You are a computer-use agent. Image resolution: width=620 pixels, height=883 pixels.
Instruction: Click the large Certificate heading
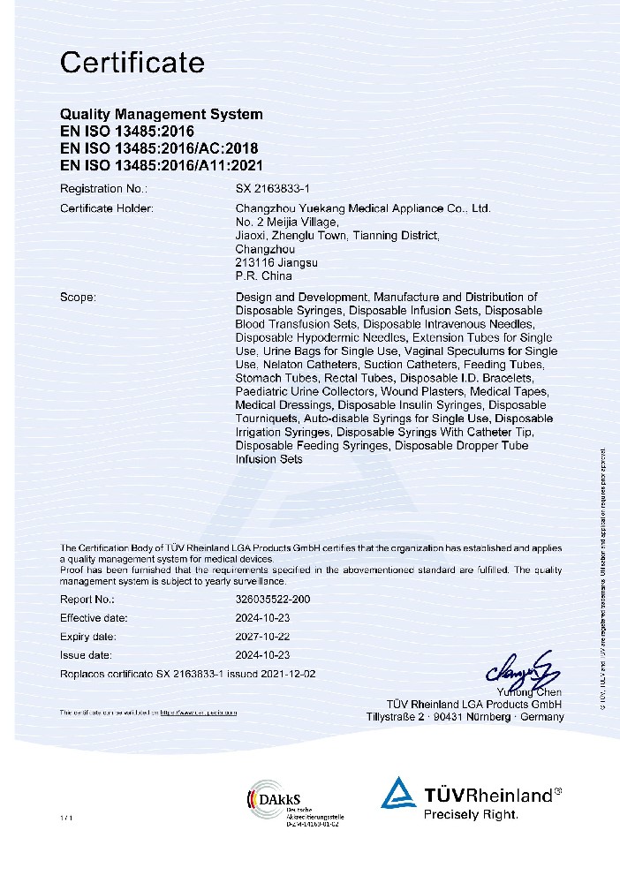click(x=132, y=64)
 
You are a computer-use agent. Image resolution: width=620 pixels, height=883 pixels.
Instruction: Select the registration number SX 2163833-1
click(x=274, y=189)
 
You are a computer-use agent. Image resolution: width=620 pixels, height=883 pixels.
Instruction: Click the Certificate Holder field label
click(x=106, y=208)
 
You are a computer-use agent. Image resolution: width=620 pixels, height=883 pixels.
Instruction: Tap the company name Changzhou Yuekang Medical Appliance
click(x=362, y=208)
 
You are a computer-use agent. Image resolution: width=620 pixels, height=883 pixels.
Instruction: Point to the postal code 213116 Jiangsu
click(x=277, y=263)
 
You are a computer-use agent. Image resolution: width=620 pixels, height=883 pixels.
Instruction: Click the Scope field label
click(x=78, y=298)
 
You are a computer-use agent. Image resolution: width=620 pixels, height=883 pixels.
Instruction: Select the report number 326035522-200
click(x=273, y=600)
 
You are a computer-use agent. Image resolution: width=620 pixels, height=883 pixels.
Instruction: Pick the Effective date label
click(x=94, y=618)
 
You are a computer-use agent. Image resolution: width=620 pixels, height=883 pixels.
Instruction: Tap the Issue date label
click(x=86, y=655)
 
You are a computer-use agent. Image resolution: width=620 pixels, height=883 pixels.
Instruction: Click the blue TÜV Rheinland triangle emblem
click(x=398, y=792)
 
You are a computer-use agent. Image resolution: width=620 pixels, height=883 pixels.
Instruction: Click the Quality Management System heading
click(x=161, y=115)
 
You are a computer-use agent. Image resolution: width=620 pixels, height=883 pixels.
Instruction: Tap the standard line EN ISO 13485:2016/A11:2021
click(x=161, y=165)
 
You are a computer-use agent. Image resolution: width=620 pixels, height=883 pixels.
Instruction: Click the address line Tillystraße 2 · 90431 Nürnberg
click(x=465, y=717)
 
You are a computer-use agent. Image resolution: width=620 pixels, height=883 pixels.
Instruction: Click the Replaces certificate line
click(x=187, y=674)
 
